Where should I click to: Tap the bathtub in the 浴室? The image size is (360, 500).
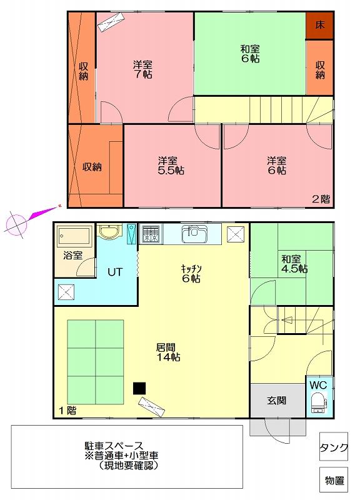(74, 237)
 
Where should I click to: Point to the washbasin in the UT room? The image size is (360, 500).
(109, 231)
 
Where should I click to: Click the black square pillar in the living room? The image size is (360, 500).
(139, 388)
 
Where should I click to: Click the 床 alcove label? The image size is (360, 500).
(319, 25)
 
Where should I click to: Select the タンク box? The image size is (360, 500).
(333, 446)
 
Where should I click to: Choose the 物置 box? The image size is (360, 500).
(333, 480)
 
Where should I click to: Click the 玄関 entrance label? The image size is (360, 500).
(277, 400)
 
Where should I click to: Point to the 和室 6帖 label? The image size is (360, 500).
(250, 54)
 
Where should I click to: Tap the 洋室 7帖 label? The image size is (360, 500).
(142, 69)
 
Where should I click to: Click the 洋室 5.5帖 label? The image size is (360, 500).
(171, 166)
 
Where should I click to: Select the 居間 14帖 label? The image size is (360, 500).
(168, 352)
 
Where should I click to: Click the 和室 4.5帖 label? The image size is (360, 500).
(294, 264)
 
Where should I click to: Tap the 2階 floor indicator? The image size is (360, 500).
(321, 199)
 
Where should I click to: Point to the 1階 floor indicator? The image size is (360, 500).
(67, 411)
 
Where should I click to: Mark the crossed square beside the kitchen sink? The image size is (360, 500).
(236, 234)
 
